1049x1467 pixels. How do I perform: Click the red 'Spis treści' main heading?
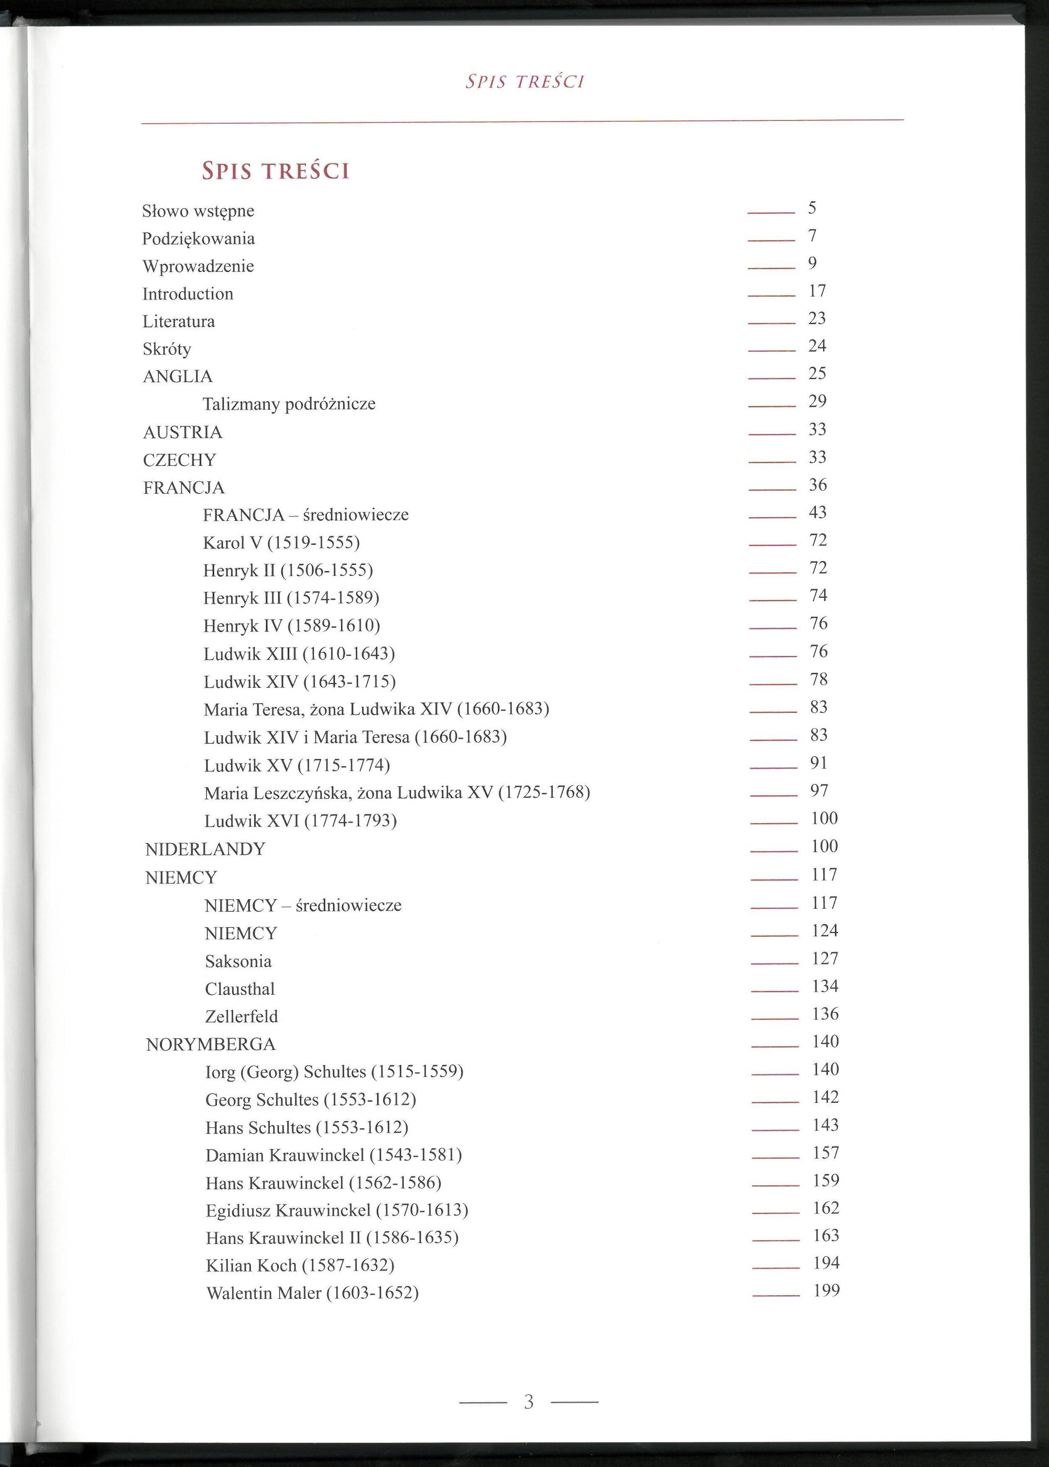(x=276, y=171)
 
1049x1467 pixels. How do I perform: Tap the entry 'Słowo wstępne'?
(x=198, y=211)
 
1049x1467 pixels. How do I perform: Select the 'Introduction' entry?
(x=188, y=294)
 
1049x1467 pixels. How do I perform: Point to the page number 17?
(x=817, y=291)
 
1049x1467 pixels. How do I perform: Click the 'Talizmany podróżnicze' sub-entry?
(x=289, y=405)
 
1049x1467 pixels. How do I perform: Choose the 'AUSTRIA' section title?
(x=183, y=432)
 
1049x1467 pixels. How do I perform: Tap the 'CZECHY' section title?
(x=180, y=460)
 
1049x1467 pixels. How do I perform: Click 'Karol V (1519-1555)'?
(x=281, y=543)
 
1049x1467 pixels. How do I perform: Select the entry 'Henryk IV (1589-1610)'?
(x=291, y=626)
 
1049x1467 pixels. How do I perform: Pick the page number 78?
(x=818, y=679)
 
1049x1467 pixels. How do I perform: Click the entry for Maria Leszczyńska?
(x=397, y=793)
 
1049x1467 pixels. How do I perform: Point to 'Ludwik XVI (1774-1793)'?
(x=300, y=821)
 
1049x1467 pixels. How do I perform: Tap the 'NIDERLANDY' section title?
(x=206, y=849)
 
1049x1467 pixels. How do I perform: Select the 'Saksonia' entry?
(x=238, y=962)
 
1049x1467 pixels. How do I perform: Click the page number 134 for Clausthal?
(x=825, y=987)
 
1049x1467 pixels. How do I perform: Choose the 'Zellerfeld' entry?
(x=242, y=1017)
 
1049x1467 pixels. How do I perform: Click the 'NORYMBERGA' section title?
(x=211, y=1044)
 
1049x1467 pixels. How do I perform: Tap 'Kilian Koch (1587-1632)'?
(x=300, y=1266)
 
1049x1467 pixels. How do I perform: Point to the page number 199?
(x=826, y=1291)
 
